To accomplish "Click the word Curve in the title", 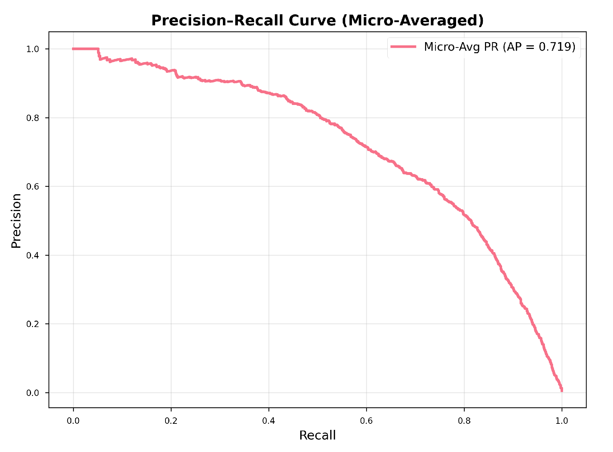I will (312, 21).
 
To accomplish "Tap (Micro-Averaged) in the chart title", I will (413, 21).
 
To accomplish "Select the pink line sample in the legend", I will (403, 47).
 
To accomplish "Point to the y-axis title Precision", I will (16, 220).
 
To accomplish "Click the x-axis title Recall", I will (317, 435).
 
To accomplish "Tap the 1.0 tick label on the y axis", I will (32, 49).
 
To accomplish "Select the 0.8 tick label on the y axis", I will (32, 118).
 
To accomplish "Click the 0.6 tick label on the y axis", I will (32, 187).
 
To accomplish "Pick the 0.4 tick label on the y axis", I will (32, 256).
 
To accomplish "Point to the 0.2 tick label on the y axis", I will (32, 324).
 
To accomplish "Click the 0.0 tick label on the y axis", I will (32, 393).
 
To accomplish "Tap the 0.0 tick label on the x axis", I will (73, 421).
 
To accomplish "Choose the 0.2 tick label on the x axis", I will (171, 421).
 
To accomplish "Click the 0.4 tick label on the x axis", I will (269, 421).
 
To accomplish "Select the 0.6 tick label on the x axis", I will (366, 421).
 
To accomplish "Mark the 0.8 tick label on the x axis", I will (464, 421).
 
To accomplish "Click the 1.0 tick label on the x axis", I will (562, 421).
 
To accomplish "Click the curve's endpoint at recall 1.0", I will (562, 390).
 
